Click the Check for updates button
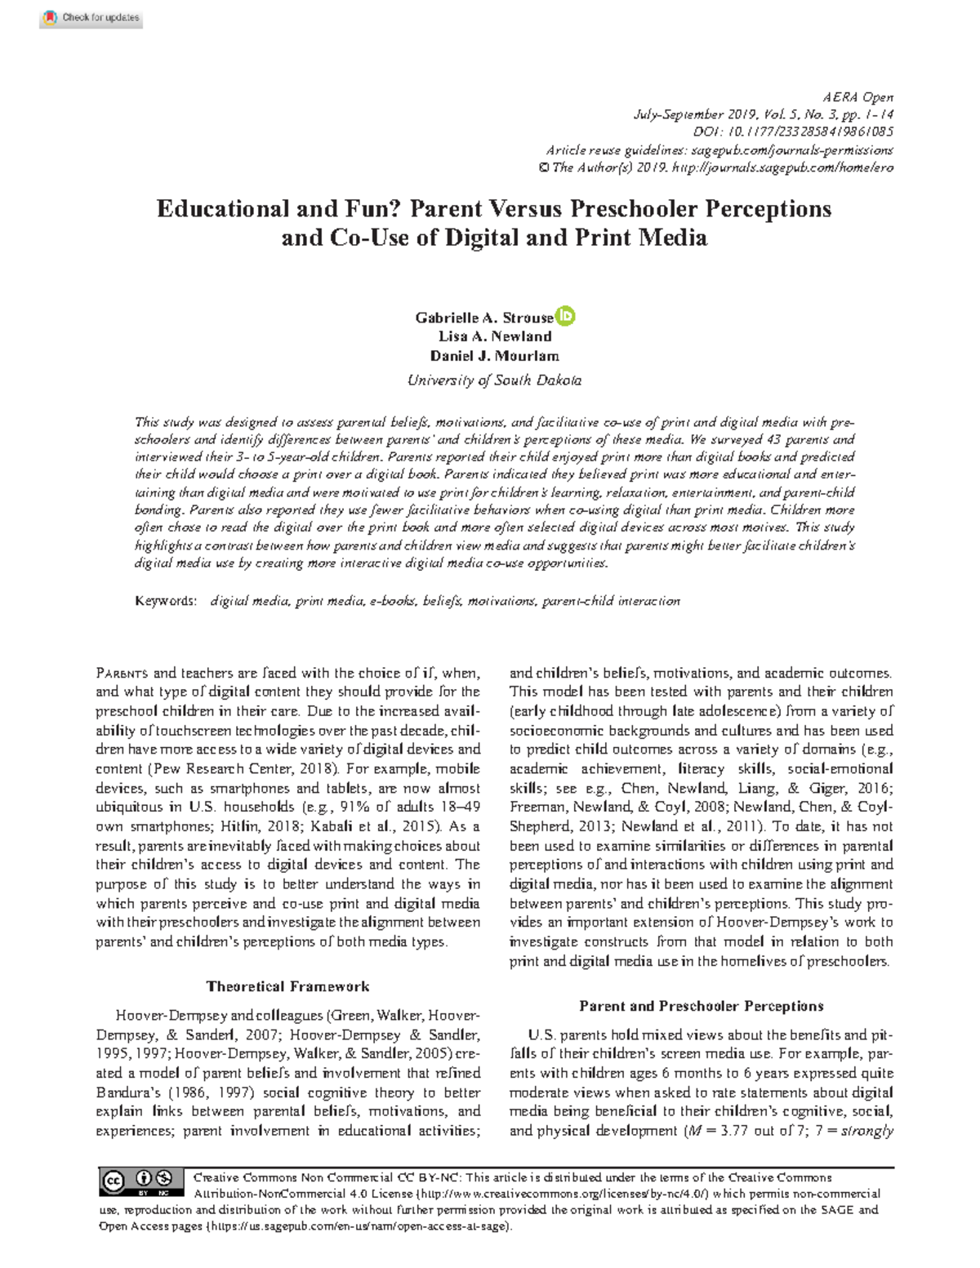click(x=91, y=17)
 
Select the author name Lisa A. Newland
click(x=495, y=336)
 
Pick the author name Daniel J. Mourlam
click(x=495, y=356)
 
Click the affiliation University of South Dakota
click(x=495, y=380)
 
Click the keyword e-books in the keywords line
click(x=394, y=601)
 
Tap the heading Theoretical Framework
click(x=287, y=986)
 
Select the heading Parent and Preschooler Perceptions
click(x=701, y=1006)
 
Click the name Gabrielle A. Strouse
click(x=483, y=317)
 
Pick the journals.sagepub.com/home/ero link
click(x=782, y=167)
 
